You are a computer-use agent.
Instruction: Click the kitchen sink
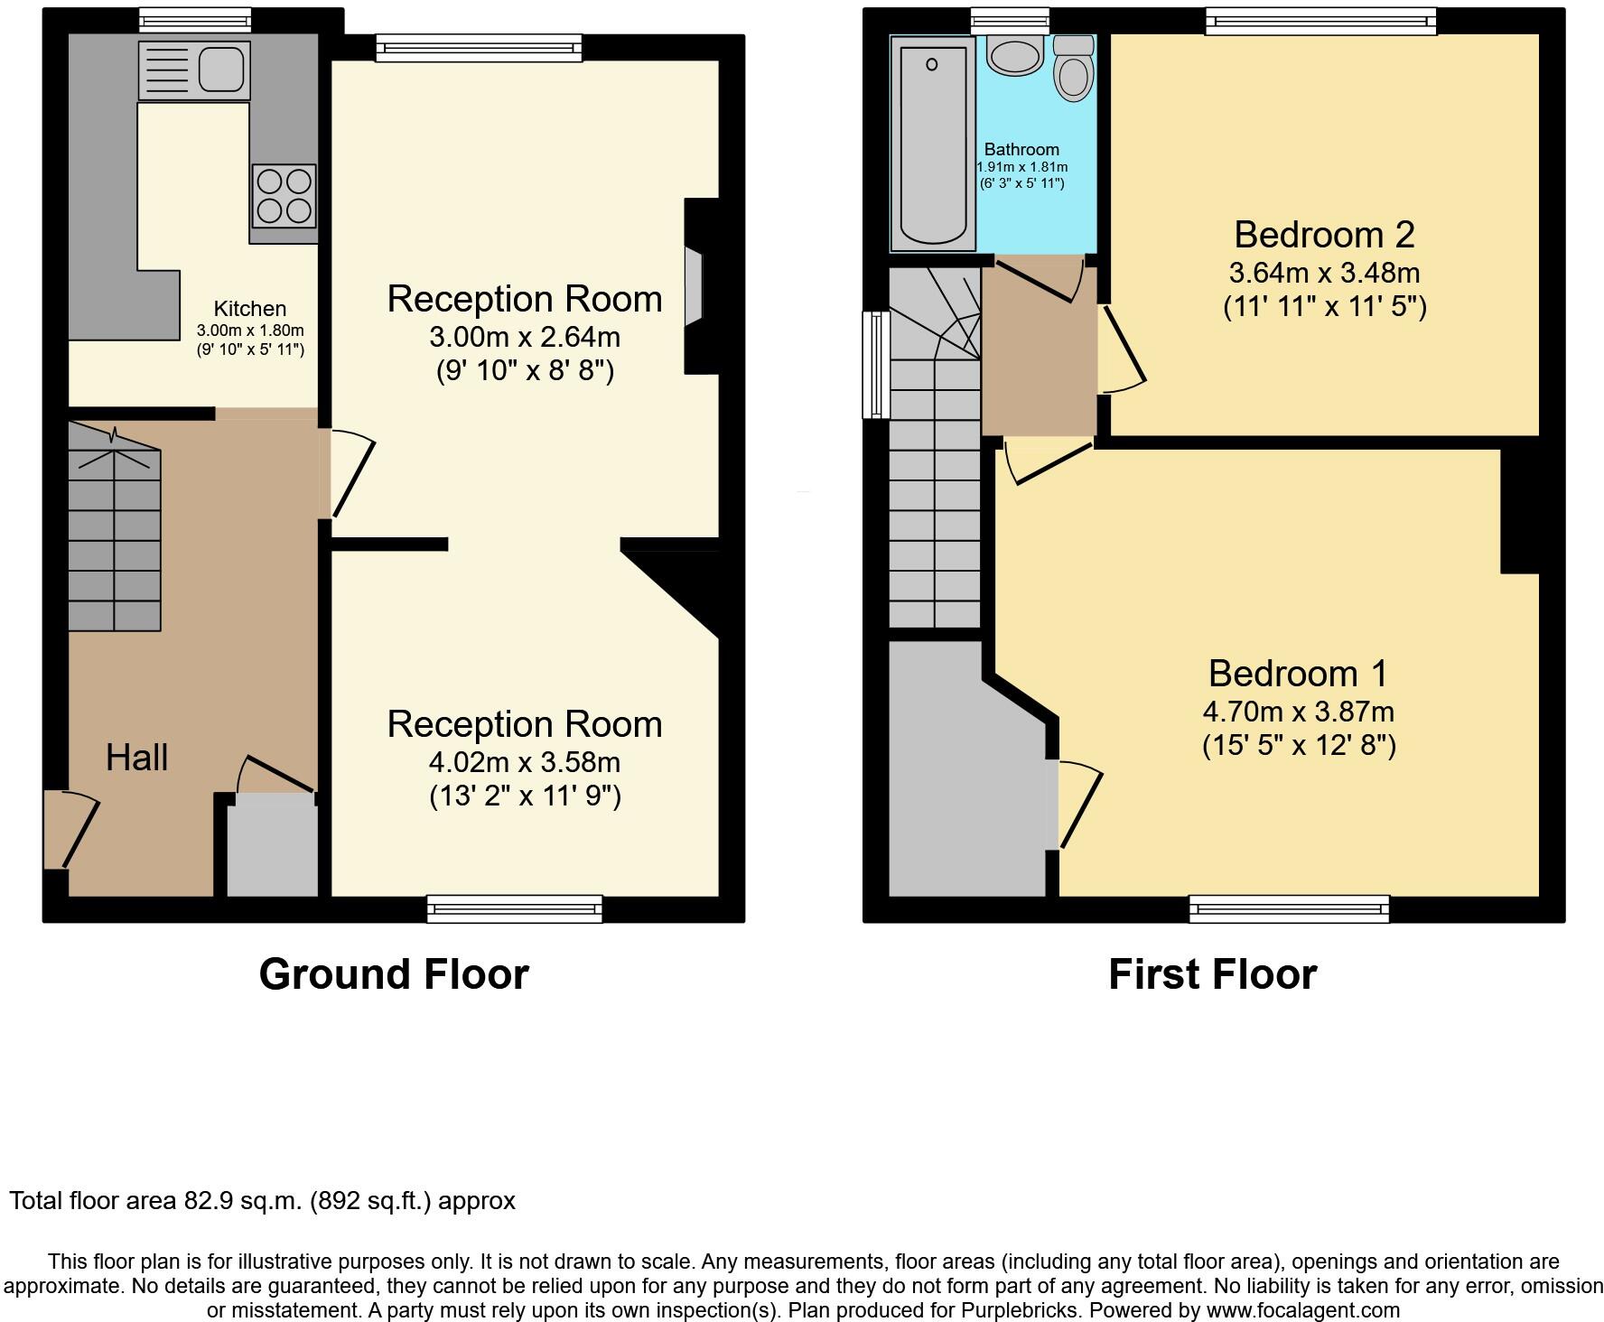pos(194,70)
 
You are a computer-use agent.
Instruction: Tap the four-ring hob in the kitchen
pos(284,196)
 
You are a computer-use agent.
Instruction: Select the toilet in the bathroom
pos(1074,70)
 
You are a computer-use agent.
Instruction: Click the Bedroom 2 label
pos(1324,235)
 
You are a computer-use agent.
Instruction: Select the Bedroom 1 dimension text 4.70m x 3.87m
pos(1298,712)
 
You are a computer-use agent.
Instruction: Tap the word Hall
pos(137,758)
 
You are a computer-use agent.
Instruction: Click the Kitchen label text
pos(249,309)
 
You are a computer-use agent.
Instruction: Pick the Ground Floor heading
pos(394,974)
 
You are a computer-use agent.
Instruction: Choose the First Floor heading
pos(1212,974)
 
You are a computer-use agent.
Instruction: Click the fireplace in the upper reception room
pos(693,286)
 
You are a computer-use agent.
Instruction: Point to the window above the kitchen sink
pos(195,19)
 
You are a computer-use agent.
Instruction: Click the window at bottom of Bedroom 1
pos(1289,908)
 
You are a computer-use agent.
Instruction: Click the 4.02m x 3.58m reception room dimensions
pos(524,763)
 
